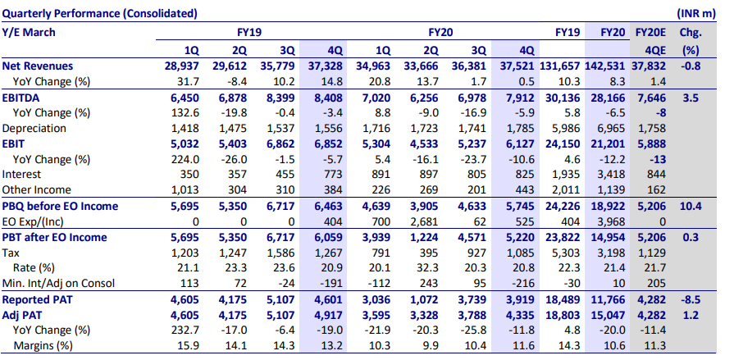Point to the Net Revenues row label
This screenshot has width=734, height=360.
coord(38,66)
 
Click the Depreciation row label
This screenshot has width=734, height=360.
coord(31,128)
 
